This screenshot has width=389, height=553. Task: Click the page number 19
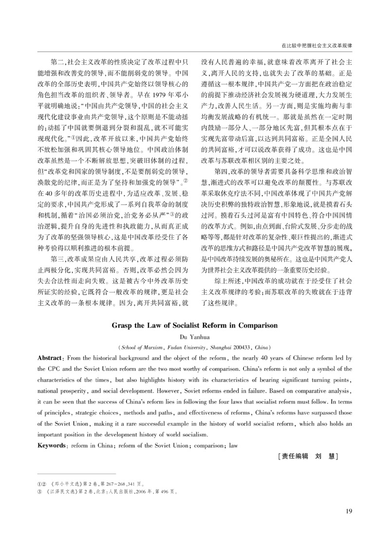[x=348, y=511]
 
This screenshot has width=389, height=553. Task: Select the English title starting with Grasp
[x=194, y=325]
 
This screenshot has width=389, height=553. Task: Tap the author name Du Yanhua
[x=194, y=336]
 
